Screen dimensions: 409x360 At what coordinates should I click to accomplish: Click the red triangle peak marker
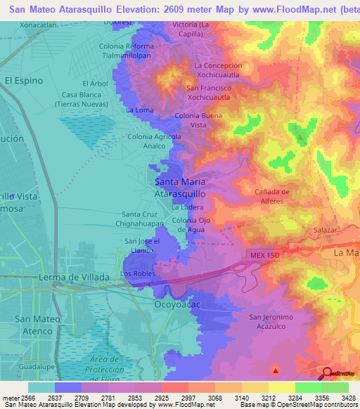276,369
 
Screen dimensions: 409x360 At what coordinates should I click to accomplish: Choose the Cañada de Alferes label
273,196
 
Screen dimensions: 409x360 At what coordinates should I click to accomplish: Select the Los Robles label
136,273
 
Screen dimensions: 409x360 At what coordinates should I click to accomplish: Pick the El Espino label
23,81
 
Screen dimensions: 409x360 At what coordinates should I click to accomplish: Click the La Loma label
139,110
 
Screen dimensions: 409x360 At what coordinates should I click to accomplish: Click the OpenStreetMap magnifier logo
326,373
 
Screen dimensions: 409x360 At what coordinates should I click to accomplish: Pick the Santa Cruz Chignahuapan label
146,219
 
